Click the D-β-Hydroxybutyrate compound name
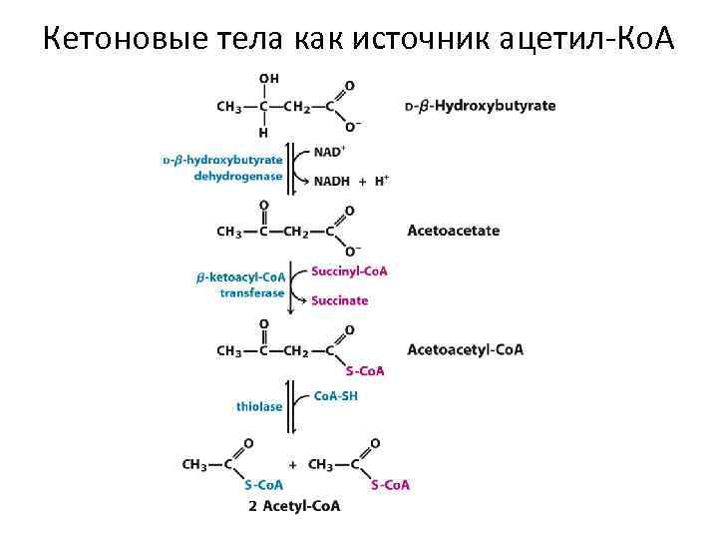pos(481,106)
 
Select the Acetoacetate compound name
pos(454,231)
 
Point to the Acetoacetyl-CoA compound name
pos(465,349)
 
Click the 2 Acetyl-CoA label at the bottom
pos(294,506)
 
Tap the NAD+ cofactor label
pos(329,152)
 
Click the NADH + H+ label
pos(351,181)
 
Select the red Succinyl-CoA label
pos(349,271)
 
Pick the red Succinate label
pos(339,300)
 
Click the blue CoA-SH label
pos(335,395)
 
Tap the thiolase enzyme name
pos(259,406)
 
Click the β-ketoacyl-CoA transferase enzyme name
pos(239,284)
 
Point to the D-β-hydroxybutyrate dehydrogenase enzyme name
pos(223,168)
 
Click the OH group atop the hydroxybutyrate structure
pos(268,79)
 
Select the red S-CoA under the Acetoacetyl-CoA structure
pos(364,371)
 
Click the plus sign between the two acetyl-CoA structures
pos(292,464)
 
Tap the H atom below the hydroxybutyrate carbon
pos(263,132)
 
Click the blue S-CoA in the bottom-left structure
pos(264,485)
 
